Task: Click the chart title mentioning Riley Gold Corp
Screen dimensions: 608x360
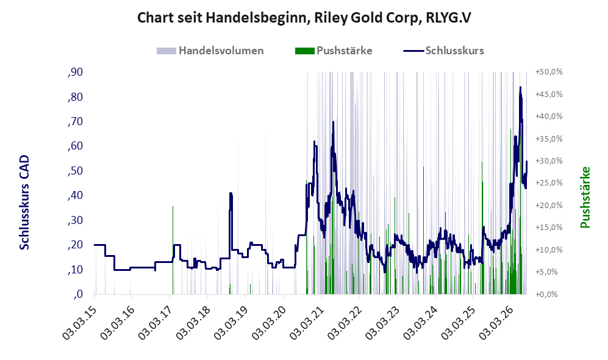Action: [x=304, y=18]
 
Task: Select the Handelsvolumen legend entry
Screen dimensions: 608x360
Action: [x=210, y=51]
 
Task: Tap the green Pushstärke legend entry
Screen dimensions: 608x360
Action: [x=334, y=51]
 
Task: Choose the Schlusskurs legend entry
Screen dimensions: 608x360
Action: [x=443, y=51]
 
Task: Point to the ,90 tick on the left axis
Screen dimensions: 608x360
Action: [x=75, y=72]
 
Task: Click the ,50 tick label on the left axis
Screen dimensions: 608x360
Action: [x=75, y=171]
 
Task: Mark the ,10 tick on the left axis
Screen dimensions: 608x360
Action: [x=75, y=270]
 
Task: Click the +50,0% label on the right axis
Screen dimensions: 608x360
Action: [x=549, y=72]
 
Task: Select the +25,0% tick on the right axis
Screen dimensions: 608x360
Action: [x=549, y=182]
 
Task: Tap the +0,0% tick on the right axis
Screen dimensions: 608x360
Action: [x=547, y=295]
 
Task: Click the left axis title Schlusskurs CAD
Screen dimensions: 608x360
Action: [x=24, y=202]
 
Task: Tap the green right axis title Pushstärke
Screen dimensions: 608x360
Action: [x=585, y=198]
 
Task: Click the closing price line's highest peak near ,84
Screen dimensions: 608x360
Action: [x=520, y=87]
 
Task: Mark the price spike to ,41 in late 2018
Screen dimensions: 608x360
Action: [x=231, y=193]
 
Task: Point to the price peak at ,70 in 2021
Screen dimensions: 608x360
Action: [x=333, y=122]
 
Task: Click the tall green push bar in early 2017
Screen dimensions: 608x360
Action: [x=173, y=250]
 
